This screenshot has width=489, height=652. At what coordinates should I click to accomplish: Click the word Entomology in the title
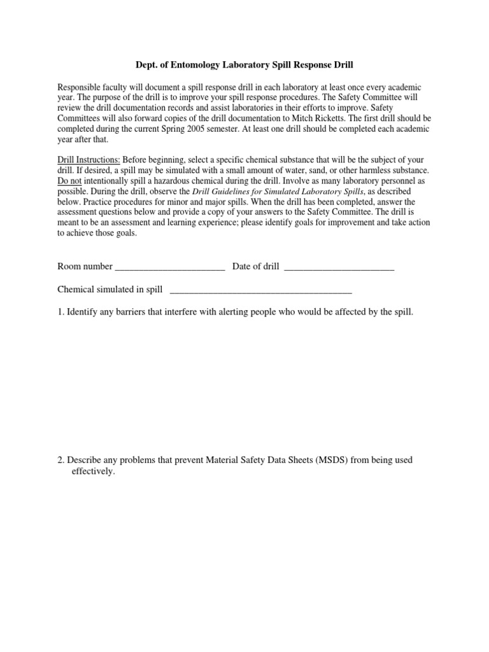197,65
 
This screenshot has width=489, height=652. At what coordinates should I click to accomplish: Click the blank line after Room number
170,267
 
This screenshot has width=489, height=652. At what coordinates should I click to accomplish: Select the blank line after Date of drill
339,267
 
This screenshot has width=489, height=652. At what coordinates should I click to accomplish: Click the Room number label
85,267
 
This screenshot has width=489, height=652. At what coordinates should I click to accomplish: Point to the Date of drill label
255,267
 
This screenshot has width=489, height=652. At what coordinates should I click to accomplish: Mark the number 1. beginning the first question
60,313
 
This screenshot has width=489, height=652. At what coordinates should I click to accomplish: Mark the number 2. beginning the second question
60,460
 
